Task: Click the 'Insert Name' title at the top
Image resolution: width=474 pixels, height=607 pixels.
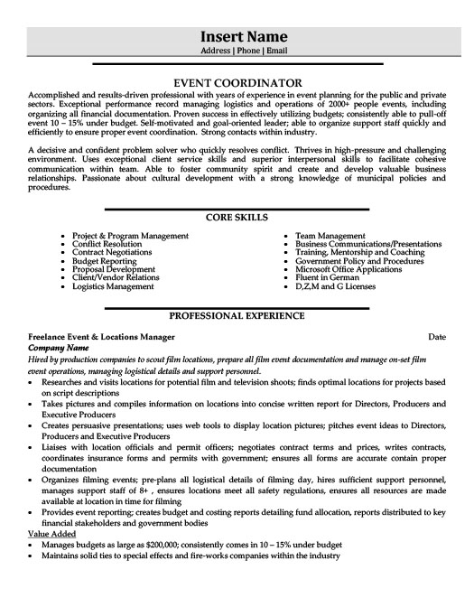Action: pos(237,36)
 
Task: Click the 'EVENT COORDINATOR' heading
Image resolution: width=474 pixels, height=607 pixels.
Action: pos(237,81)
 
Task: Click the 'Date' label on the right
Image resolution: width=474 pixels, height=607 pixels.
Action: pos(436,336)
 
